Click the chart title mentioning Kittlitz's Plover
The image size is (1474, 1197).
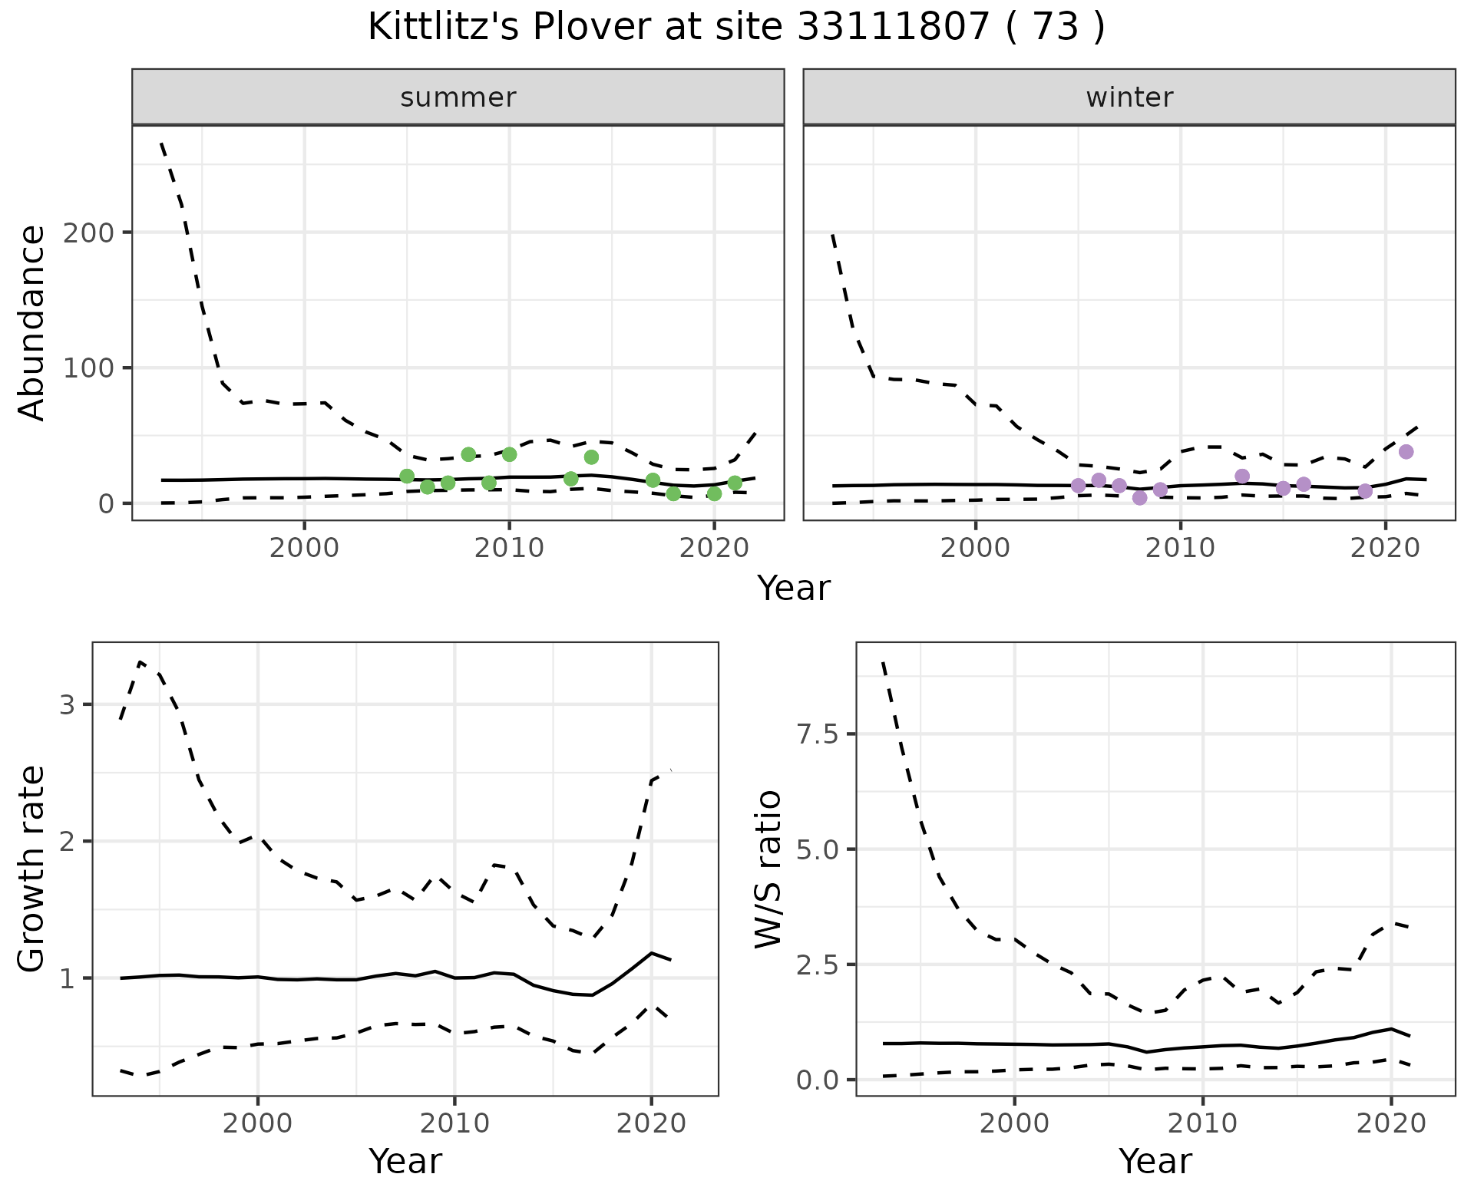pyautogui.click(x=736, y=28)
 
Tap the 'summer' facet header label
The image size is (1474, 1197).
pyautogui.click(x=458, y=97)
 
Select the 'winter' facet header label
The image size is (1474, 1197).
pyautogui.click(x=1129, y=97)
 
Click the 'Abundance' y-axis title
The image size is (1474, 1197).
pyautogui.click(x=32, y=322)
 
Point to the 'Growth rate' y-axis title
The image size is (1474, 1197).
pyautogui.click(x=32, y=869)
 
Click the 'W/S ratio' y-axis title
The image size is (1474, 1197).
pyautogui.click(x=768, y=869)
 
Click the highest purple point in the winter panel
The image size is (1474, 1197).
pyautogui.click(x=1406, y=452)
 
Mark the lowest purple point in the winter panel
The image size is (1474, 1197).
pyautogui.click(x=1139, y=498)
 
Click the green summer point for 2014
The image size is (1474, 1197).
pyautogui.click(x=591, y=457)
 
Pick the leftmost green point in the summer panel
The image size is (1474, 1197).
pyautogui.click(x=407, y=476)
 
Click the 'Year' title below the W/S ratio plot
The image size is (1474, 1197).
pyautogui.click(x=1155, y=1162)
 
